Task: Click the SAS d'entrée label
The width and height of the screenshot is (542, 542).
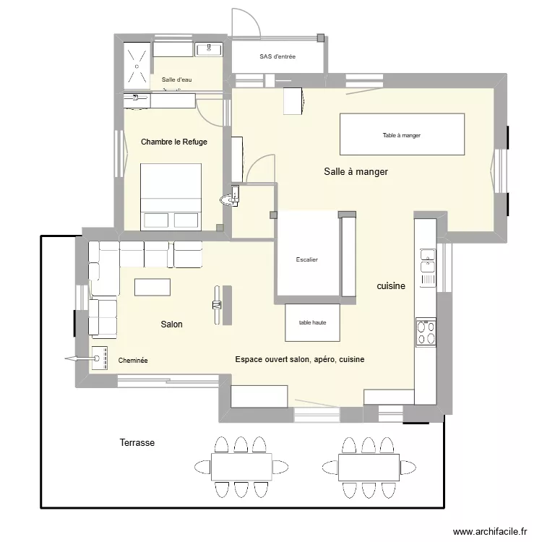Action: click(278, 56)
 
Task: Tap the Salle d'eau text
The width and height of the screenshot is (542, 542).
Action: click(176, 79)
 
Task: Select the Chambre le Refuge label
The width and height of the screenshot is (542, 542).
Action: click(173, 142)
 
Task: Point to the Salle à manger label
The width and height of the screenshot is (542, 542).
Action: click(356, 172)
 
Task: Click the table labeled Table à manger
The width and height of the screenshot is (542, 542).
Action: click(402, 134)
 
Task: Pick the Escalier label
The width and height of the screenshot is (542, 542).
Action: click(307, 259)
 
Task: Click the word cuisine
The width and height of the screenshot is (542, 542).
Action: click(391, 286)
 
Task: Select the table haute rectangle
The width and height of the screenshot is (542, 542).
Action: click(312, 322)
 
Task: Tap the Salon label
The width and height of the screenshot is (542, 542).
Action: click(171, 324)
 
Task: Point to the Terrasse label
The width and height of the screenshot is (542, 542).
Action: click(137, 442)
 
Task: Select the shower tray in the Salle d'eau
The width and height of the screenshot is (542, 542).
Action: click(137, 64)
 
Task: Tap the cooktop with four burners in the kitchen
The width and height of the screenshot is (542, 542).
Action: click(426, 332)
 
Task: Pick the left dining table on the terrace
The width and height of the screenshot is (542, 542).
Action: click(241, 467)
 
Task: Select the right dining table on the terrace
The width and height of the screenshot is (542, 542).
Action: click(369, 467)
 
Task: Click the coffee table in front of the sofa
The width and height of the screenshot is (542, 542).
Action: click(152, 287)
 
